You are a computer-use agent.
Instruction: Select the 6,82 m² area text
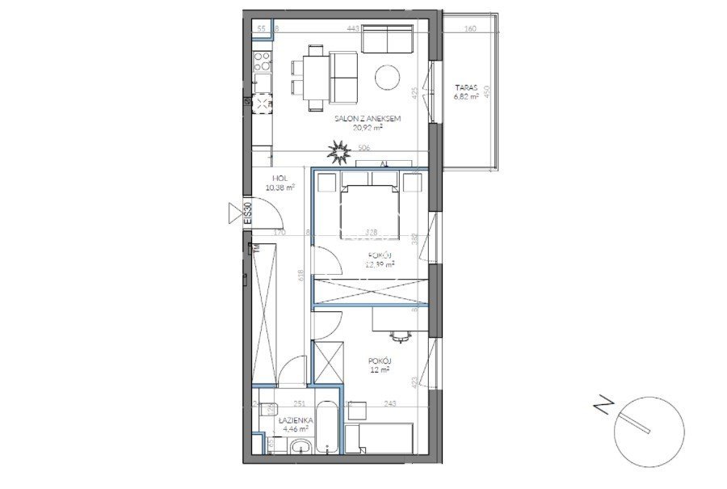tap(466, 95)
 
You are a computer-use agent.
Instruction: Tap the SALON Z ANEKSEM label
tap(368, 119)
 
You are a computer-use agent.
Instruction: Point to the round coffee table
tap(388, 77)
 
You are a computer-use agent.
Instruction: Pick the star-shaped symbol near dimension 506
tap(339, 150)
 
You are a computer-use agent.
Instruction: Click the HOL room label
tap(279, 179)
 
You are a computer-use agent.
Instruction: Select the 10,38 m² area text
tap(279, 188)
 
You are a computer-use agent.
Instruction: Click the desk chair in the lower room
tap(396, 333)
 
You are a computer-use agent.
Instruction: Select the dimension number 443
tap(352, 28)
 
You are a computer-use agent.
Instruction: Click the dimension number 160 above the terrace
tap(471, 28)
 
